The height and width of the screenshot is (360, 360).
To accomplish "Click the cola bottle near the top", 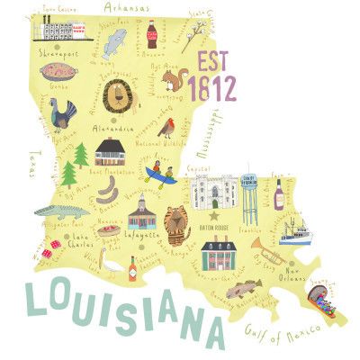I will coord(150,33).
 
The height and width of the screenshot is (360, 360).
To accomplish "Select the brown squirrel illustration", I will coord(173,82).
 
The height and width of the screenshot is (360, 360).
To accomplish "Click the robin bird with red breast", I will coord(166,128).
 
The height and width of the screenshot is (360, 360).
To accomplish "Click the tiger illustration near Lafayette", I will coord(179,221).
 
